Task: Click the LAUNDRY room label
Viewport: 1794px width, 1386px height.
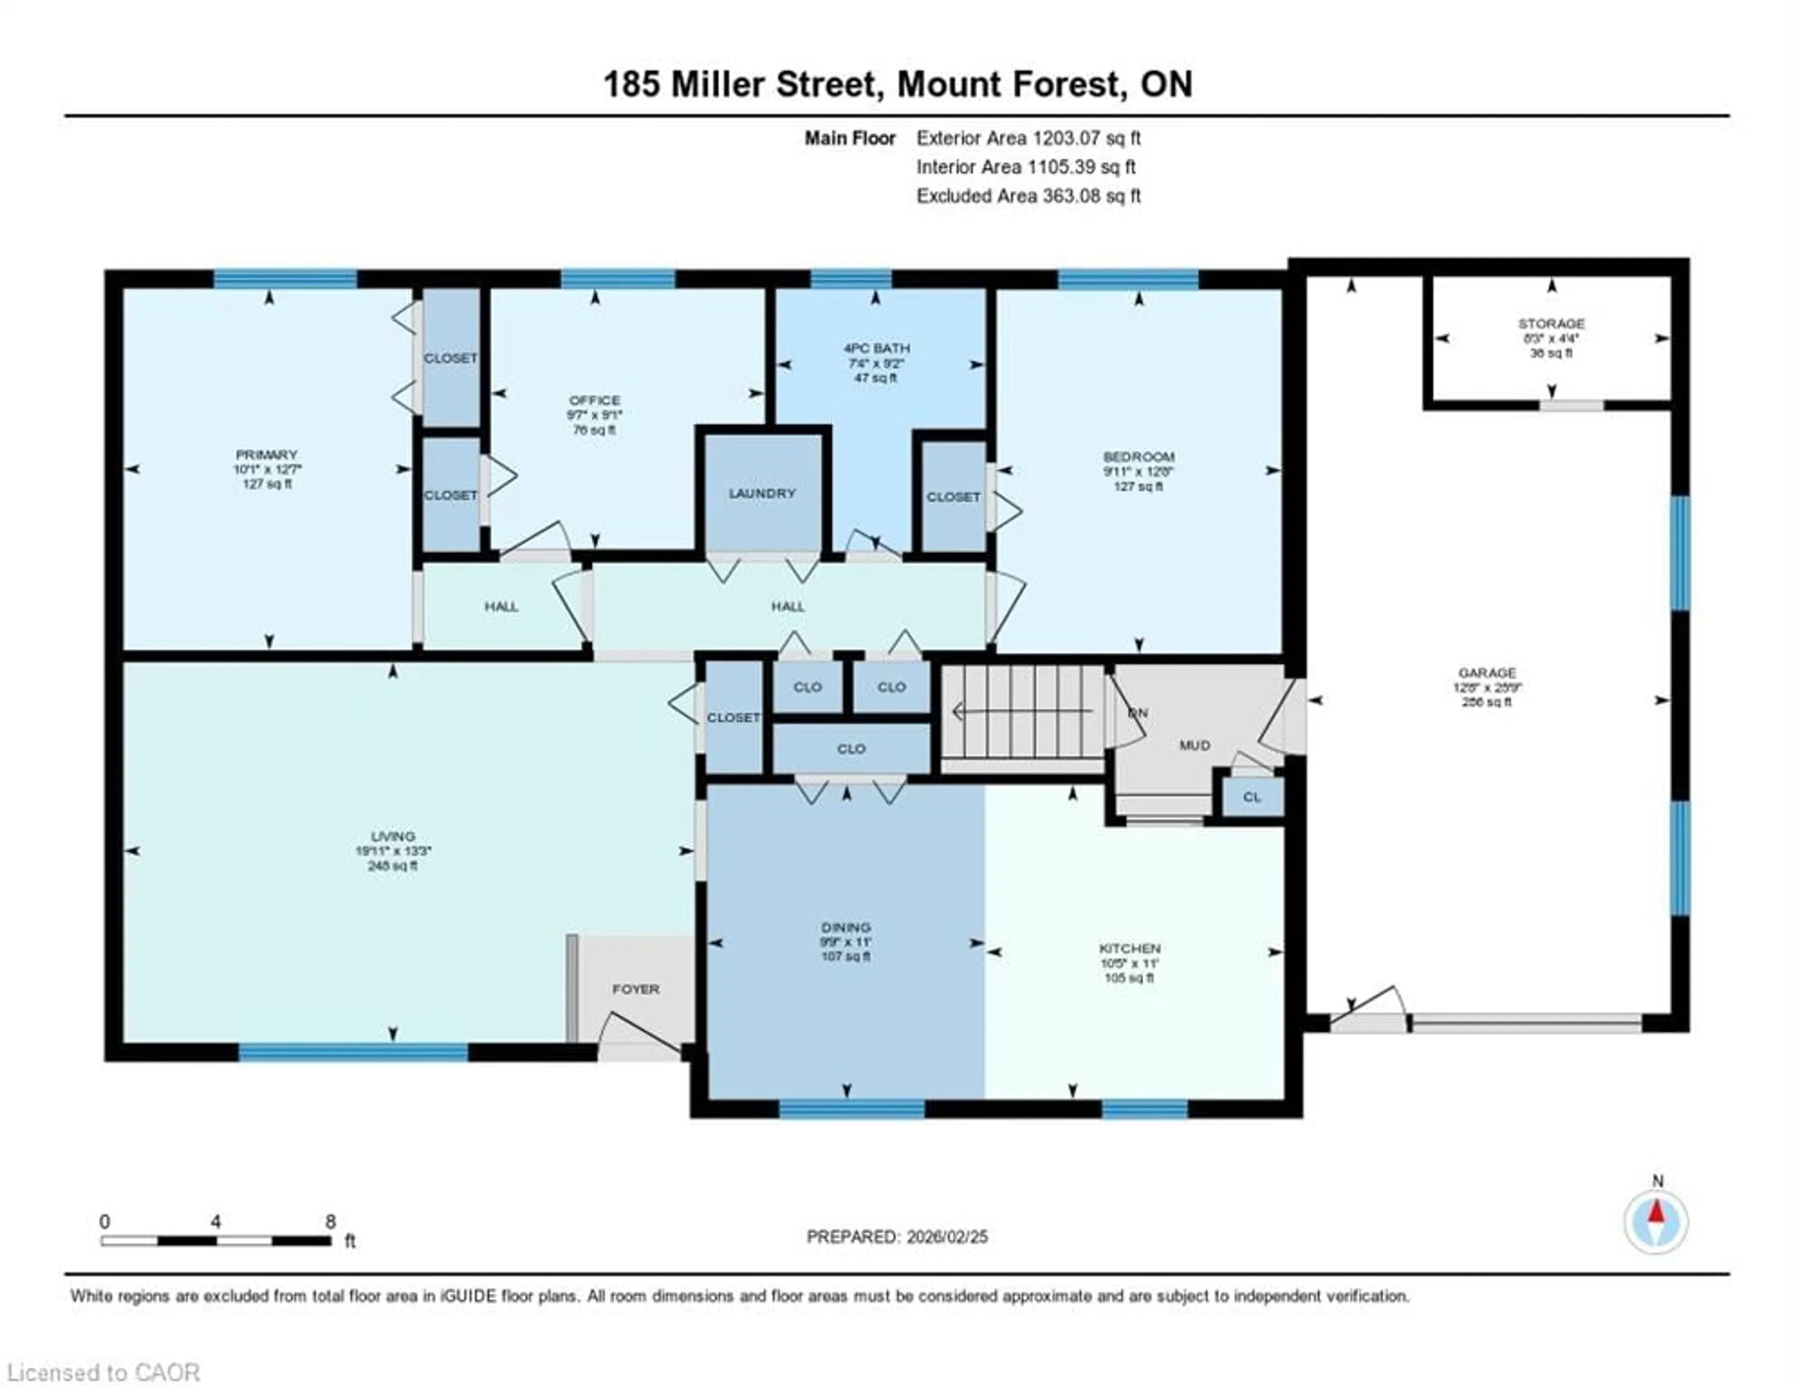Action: (x=762, y=493)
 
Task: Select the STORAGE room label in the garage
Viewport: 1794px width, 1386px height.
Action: (x=1551, y=324)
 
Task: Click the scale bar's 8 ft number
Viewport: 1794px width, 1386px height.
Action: (x=330, y=1222)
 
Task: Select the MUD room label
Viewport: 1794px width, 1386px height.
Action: (x=1194, y=745)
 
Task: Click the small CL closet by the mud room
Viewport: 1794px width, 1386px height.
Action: (x=1251, y=797)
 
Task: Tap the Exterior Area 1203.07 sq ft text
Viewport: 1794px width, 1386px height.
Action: (x=1028, y=138)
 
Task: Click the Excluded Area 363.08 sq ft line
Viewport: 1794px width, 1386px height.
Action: (x=1028, y=196)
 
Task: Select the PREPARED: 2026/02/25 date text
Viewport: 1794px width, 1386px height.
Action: (x=897, y=1237)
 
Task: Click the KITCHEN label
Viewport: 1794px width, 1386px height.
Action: (x=1130, y=948)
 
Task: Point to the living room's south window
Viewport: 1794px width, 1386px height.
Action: (x=353, y=1052)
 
